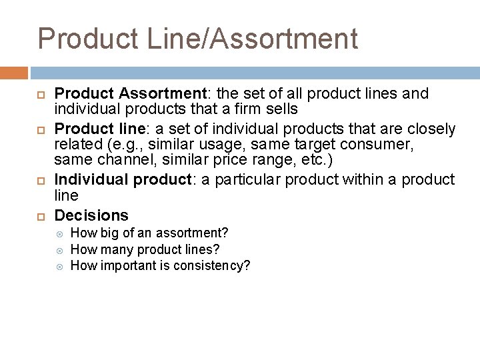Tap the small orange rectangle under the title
(x=14, y=73)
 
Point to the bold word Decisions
(x=91, y=215)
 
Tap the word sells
(x=280, y=109)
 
